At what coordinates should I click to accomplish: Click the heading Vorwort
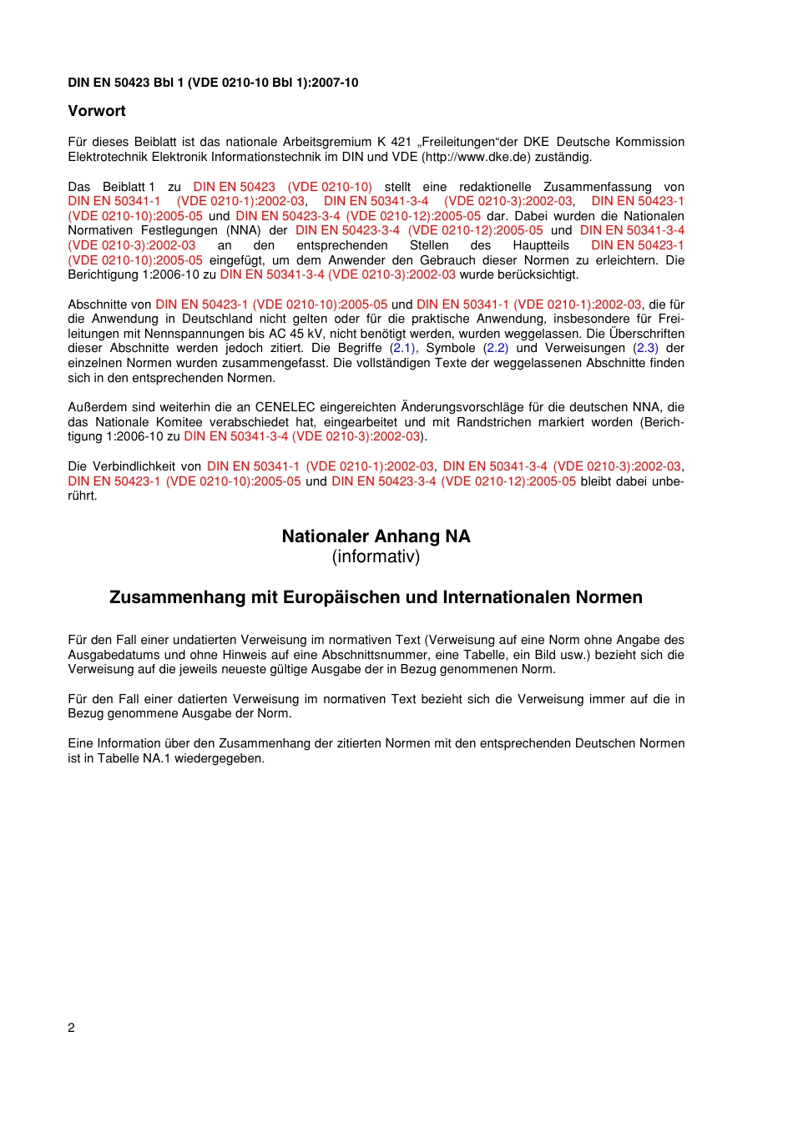point(97,111)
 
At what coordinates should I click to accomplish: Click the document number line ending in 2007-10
point(213,83)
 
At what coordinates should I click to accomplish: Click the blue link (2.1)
point(403,348)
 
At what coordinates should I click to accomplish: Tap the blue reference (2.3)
point(646,348)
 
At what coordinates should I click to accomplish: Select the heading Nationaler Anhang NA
point(376,536)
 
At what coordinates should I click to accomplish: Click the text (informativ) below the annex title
point(376,556)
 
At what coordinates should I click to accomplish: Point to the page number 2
point(71,1028)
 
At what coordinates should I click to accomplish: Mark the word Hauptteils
point(541,245)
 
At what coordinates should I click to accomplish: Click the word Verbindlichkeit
point(134,466)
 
